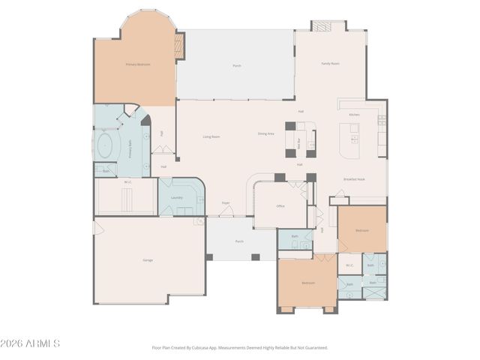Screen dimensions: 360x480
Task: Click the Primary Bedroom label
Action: (137, 64)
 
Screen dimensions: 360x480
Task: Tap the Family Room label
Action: (331, 64)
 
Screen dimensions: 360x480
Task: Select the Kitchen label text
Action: (354, 114)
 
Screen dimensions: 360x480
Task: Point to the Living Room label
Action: (211, 136)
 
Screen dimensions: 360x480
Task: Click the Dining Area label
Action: (265, 133)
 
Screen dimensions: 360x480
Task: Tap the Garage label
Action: (148, 259)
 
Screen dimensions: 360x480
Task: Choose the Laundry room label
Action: (177, 197)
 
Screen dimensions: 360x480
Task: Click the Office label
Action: (280, 205)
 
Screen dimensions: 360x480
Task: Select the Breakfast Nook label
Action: (354, 179)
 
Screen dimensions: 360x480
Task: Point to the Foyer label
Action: (225, 202)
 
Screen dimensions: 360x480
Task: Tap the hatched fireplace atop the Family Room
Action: (320, 25)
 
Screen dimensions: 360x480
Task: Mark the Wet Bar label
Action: (299, 139)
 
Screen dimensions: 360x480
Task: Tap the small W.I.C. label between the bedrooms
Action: (349, 265)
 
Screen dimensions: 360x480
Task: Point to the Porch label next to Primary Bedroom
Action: (236, 66)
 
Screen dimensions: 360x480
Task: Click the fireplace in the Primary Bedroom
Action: (178, 46)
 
